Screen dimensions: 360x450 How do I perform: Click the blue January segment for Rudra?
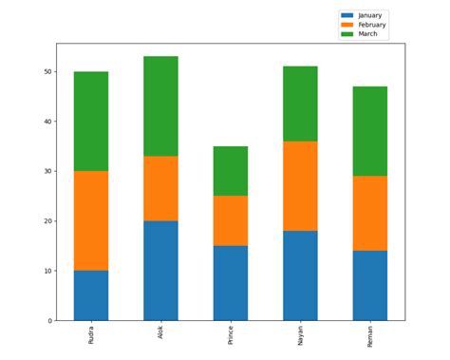coord(91,295)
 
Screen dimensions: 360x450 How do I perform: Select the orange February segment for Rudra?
coord(91,220)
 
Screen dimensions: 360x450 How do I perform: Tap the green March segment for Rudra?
coord(91,122)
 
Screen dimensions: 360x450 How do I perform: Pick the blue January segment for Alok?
coord(160,271)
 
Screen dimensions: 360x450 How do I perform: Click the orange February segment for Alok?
coord(160,188)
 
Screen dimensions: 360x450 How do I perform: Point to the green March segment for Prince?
coord(231,171)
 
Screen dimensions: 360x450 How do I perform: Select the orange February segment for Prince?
coord(231,220)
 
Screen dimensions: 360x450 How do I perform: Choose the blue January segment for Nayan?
coord(300,275)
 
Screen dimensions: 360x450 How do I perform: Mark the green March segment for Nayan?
coord(300,104)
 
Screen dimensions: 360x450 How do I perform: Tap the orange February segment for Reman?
coord(370,213)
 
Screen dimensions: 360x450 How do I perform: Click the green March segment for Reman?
coord(370,131)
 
